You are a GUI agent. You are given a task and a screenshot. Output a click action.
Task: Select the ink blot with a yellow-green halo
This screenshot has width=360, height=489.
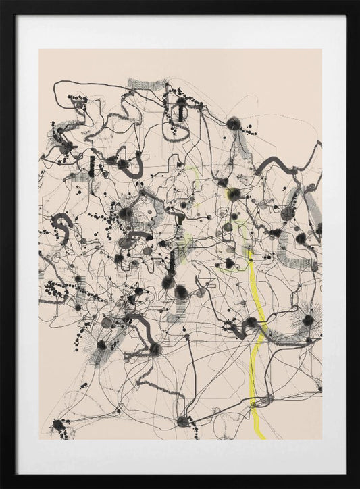[234, 195]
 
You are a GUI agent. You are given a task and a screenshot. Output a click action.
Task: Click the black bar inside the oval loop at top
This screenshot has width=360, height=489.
[180, 109]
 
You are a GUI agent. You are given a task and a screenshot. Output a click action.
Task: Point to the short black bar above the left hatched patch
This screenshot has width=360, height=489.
[91, 166]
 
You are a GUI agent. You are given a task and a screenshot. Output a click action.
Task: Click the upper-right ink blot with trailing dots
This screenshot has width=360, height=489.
[234, 124]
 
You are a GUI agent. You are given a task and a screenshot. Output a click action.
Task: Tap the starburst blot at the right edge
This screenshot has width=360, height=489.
[308, 320]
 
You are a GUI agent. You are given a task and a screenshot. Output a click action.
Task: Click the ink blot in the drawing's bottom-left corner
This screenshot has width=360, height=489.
[59, 425]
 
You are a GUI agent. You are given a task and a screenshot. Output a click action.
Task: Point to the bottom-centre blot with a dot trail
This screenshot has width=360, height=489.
[182, 421]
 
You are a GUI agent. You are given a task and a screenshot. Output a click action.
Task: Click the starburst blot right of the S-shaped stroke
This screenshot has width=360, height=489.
[126, 213]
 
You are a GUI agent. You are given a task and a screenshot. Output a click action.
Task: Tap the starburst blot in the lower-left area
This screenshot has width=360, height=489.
[101, 345]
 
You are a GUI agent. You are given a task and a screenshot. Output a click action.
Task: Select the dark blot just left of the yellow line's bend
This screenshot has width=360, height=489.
[251, 323]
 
